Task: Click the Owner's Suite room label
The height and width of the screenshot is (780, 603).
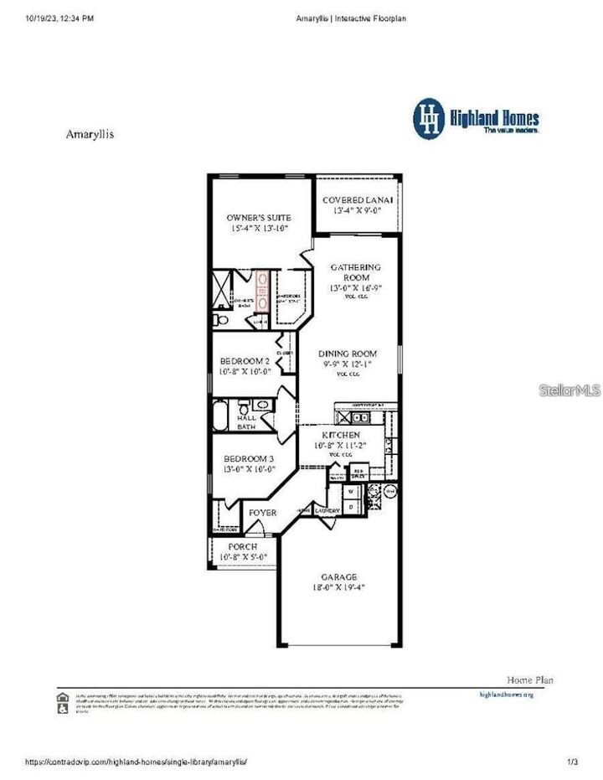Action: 259,218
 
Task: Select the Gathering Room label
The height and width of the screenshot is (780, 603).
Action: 355,272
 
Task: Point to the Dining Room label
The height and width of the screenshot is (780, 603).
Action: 347,354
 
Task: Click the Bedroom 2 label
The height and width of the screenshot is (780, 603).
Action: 245,361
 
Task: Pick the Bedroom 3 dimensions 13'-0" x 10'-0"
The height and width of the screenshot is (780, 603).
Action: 249,470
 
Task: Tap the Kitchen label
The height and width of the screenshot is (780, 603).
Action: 341,436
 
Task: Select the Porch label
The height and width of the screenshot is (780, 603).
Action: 242,546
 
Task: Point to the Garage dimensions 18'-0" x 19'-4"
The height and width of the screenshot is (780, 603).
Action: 338,588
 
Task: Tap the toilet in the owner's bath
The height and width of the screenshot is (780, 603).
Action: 219,319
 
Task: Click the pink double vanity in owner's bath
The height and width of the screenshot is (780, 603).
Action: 261,290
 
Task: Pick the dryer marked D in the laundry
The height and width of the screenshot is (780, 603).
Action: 351,506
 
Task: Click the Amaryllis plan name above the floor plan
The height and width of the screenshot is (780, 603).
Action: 90,133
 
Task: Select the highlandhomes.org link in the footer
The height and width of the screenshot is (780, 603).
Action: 506,695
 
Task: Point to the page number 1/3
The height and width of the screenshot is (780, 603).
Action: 573,762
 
